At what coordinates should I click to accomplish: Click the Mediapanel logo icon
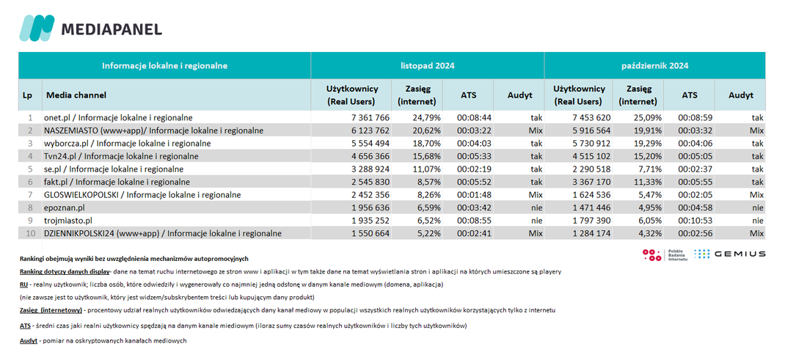pos(37,28)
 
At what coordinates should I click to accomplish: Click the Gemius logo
pos(730,254)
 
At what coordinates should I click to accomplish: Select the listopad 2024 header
pos(428,66)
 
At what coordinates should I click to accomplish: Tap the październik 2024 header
pos(654,66)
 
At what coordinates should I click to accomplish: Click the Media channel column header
pos(77,95)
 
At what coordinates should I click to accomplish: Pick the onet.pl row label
pos(118,117)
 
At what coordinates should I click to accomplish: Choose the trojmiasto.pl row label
pos(68,220)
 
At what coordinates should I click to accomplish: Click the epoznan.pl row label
pos(65,207)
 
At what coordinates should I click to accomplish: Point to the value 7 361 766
pos(368,117)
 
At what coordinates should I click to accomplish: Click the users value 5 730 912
pos(592,144)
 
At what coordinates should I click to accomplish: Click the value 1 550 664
pos(368,233)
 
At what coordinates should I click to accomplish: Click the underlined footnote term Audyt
pos(29,341)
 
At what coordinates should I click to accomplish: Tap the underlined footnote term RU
pos(23,284)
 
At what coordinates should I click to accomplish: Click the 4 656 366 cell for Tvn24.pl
pos(368,156)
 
